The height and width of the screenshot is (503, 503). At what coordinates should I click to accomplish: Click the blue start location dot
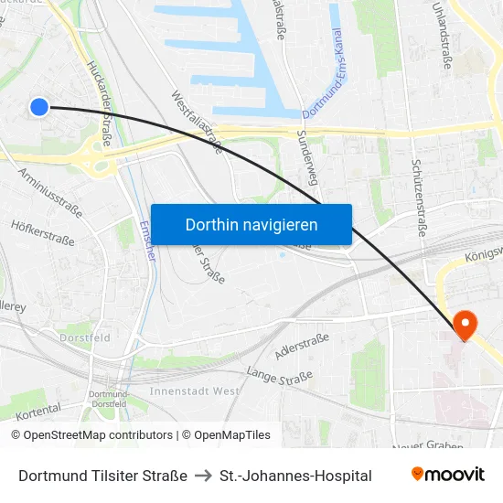[38, 107]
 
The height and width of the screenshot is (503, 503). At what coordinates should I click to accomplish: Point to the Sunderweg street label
[306, 155]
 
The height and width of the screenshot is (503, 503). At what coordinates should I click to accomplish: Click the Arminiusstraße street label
[50, 191]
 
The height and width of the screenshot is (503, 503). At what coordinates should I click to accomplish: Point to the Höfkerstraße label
[42, 233]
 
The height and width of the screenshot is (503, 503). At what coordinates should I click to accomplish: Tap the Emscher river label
[148, 240]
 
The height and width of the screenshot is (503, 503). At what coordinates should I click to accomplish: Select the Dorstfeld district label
[85, 337]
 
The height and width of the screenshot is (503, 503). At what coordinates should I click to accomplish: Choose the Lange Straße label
[279, 375]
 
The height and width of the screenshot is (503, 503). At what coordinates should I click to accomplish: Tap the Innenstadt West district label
[195, 391]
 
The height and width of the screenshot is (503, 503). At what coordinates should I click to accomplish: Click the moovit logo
[447, 474]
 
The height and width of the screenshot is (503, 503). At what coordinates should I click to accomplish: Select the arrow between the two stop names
[203, 476]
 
